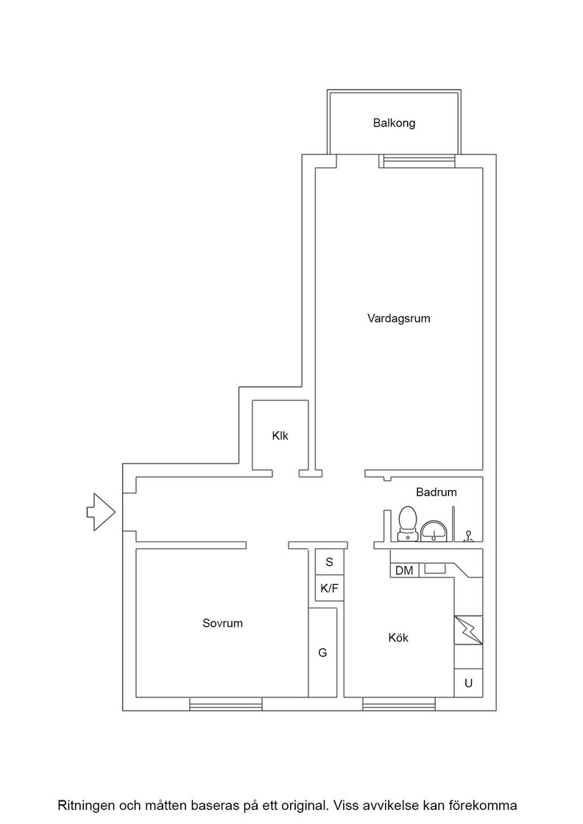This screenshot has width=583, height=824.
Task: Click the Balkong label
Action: (395, 123)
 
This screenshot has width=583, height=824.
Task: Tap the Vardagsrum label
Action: (398, 319)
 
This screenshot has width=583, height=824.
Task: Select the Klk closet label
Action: (280, 436)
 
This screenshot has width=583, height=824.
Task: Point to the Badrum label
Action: (437, 492)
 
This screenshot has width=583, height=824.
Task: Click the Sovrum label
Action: (222, 623)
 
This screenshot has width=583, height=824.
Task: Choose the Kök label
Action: (398, 638)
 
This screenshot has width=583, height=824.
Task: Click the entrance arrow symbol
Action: (101, 512)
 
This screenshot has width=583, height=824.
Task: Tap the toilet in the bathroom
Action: (407, 523)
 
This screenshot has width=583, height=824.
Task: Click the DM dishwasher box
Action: (404, 570)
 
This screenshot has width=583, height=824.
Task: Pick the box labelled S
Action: (330, 562)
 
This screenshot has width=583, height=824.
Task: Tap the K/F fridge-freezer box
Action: (330, 589)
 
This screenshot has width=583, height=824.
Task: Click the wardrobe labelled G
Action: (322, 653)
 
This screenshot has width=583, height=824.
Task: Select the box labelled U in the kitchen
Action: (468, 683)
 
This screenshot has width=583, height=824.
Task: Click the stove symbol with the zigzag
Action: (468, 630)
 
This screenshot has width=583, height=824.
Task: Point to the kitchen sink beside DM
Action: (435, 568)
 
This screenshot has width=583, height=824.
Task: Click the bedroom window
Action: (225, 703)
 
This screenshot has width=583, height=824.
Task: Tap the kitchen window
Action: (399, 703)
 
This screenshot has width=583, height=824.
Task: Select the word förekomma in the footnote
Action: (488, 805)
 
